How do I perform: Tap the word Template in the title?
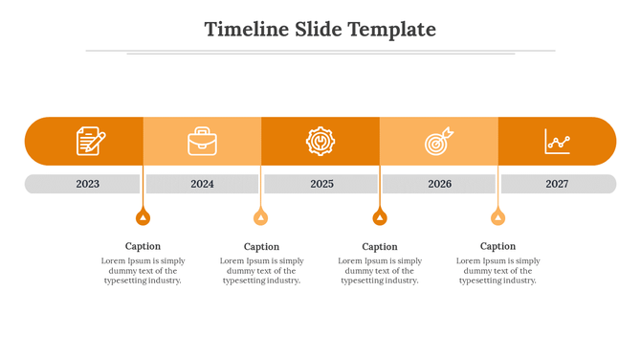(x=392, y=30)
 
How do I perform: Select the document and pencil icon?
(x=90, y=141)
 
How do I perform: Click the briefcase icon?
(x=202, y=142)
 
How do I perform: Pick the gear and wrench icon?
(x=320, y=141)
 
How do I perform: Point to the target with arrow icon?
(x=439, y=142)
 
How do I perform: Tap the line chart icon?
(x=558, y=142)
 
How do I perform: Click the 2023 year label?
(x=88, y=184)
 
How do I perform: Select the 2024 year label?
(x=202, y=184)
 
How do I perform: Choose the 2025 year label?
(x=321, y=184)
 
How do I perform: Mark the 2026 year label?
(x=439, y=184)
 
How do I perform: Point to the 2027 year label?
(x=557, y=184)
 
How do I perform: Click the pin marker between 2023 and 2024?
(x=143, y=217)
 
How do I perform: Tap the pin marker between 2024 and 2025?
(x=261, y=217)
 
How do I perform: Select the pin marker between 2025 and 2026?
(x=380, y=217)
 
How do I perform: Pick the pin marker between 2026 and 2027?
(x=497, y=217)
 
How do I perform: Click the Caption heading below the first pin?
(x=143, y=246)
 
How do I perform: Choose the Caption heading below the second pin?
(x=261, y=247)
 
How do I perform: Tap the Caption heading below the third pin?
(x=380, y=247)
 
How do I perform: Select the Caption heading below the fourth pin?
(x=497, y=246)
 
